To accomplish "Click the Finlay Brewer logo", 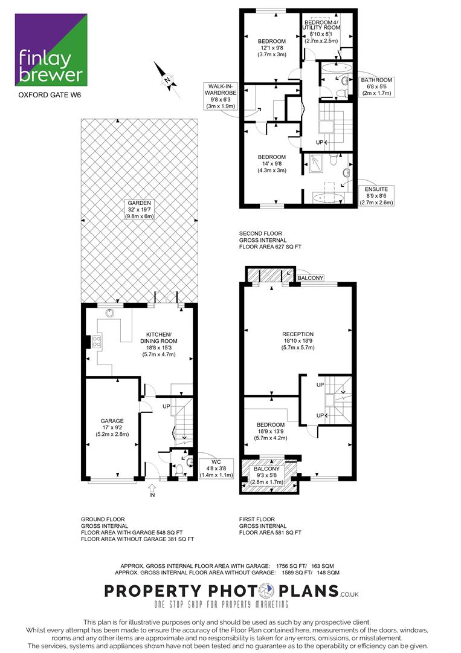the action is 51,50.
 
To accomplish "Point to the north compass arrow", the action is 167,80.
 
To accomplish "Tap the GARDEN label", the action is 140,210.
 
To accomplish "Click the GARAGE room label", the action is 112,427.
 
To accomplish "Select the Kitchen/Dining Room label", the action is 158,345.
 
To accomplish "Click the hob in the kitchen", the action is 96,342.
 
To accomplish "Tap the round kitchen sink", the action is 109,313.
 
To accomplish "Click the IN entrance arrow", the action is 152,490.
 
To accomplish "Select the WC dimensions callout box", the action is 216,468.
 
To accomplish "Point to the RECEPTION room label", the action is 298,340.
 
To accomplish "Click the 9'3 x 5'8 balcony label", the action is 266,475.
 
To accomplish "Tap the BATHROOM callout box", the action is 376,86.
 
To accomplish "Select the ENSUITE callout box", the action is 376,196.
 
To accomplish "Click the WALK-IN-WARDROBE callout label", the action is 221,96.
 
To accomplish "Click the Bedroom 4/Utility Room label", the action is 321,31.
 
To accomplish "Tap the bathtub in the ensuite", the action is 328,198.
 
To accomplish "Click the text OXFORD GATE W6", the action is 50,95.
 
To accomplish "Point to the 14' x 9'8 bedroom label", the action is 272,164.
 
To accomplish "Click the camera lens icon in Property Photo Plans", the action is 266,591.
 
